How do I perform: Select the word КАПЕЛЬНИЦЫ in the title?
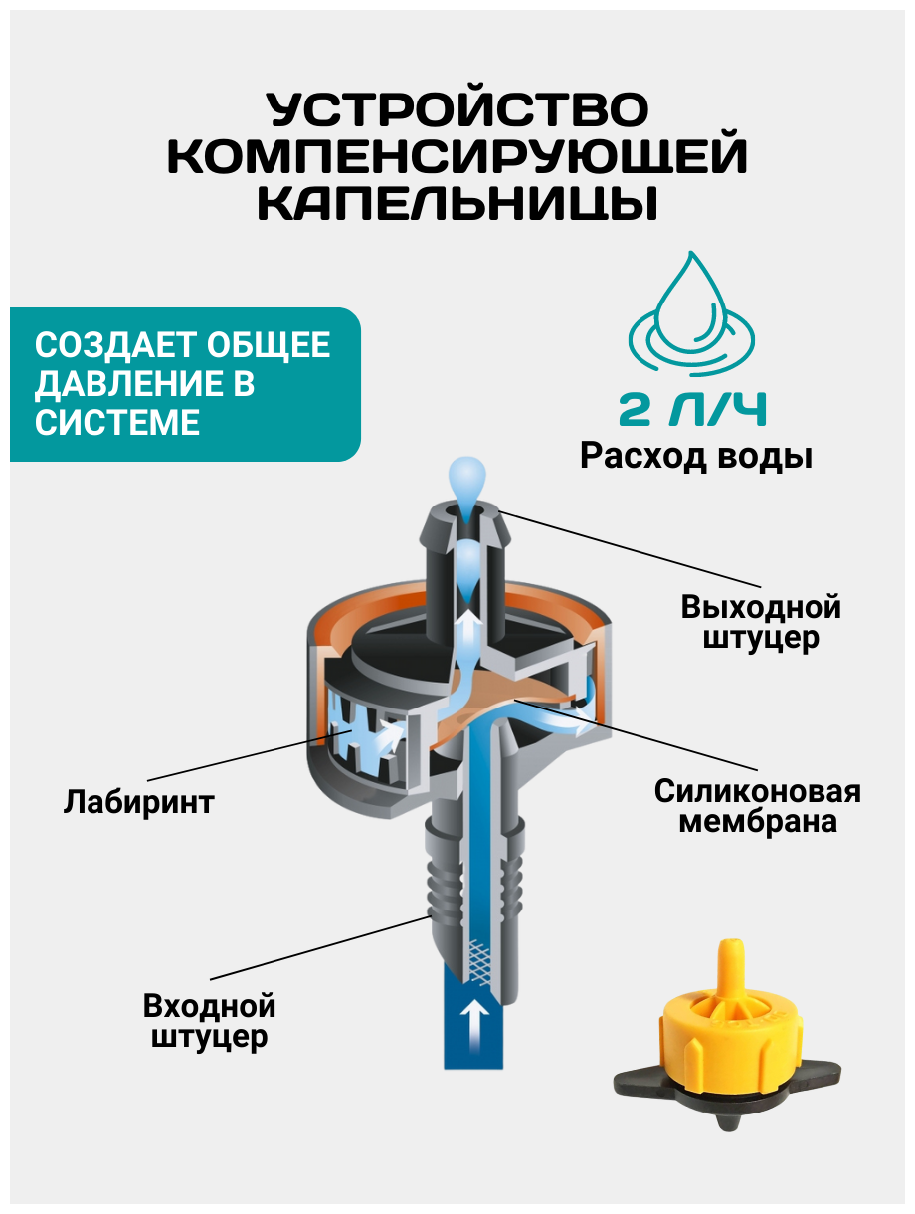pyautogui.click(x=458, y=204)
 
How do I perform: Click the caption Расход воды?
pyautogui.click(x=696, y=457)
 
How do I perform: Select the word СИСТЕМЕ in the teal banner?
pyautogui.click(x=117, y=422)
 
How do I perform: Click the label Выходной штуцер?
pyautogui.click(x=761, y=622)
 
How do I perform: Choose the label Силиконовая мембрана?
pyautogui.click(x=757, y=807)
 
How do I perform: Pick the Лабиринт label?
pyautogui.click(x=138, y=802)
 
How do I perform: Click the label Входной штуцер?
pyautogui.click(x=209, y=1021)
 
